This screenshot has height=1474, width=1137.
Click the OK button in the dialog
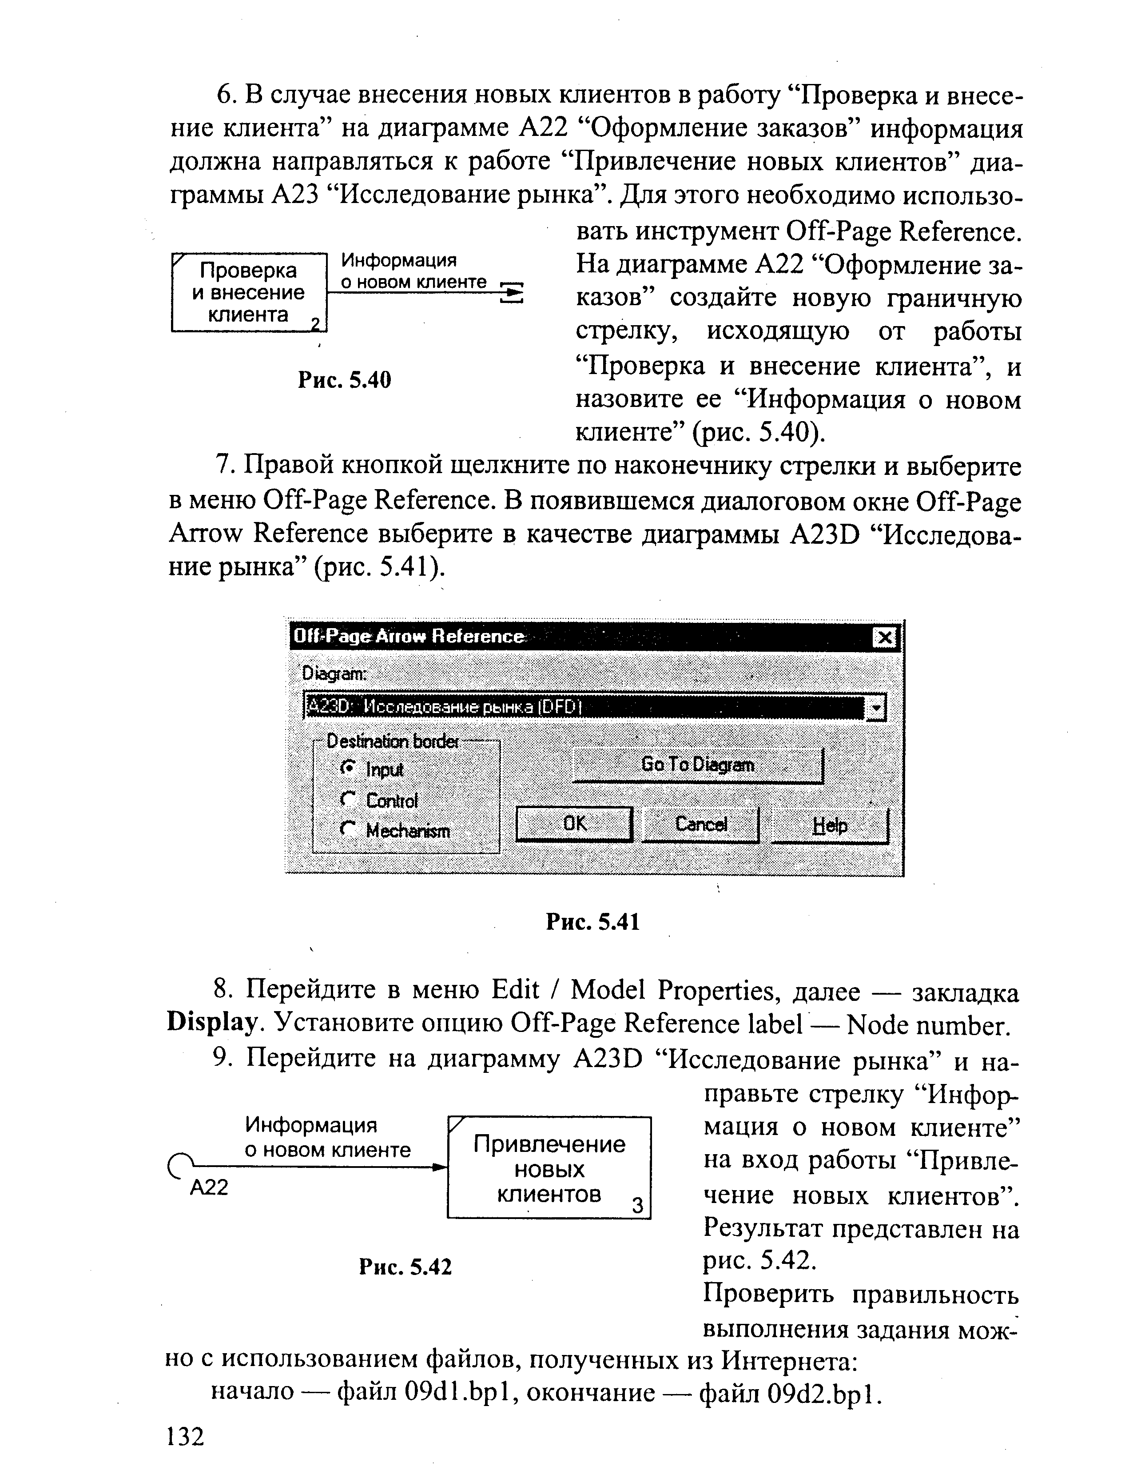[574, 824]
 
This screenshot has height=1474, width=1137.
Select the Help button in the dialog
[830, 825]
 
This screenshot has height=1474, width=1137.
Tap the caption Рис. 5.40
[345, 380]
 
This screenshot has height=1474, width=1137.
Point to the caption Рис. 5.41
[592, 921]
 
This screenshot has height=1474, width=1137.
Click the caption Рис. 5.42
[405, 1267]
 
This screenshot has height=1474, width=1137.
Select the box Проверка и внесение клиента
[248, 292]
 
